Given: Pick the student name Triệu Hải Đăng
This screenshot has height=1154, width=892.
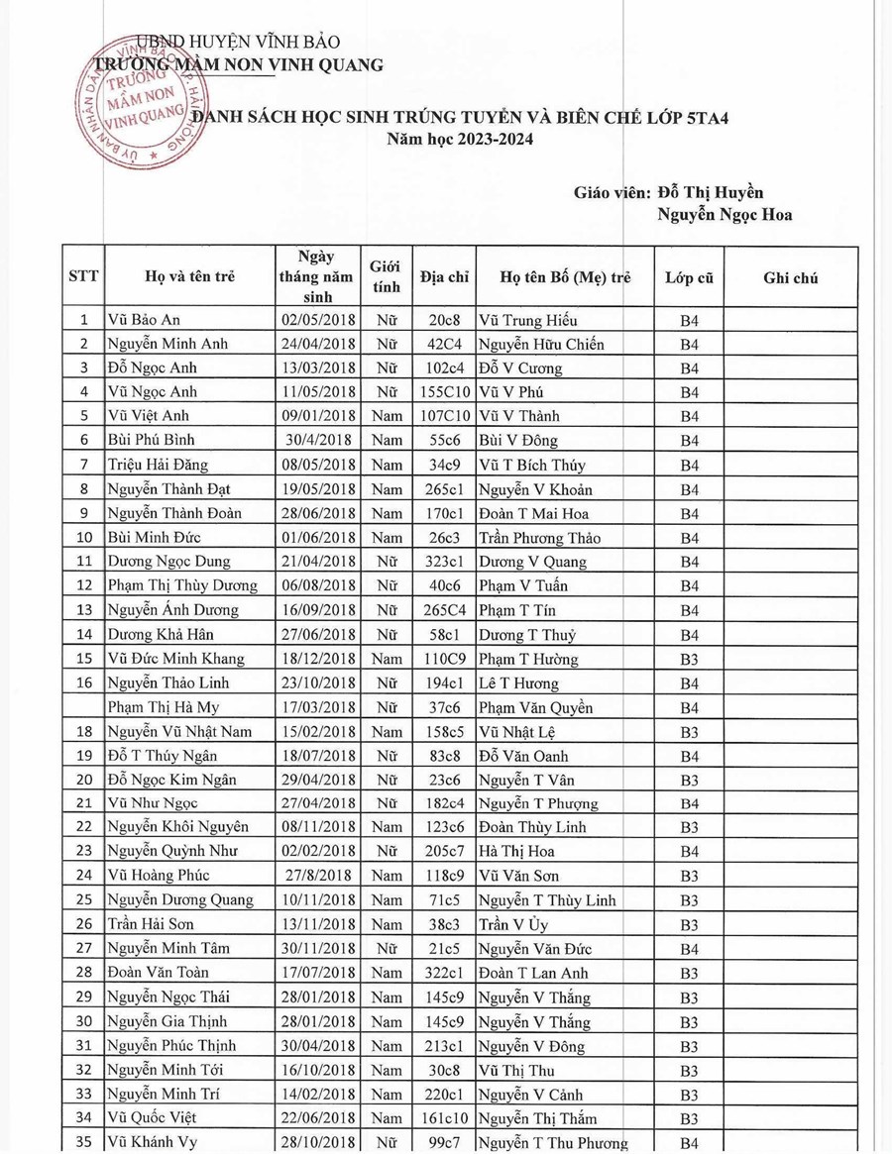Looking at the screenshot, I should [156, 466].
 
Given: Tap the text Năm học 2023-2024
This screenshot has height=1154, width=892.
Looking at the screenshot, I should [460, 140].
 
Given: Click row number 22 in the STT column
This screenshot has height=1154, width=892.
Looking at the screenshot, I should [84, 826].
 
